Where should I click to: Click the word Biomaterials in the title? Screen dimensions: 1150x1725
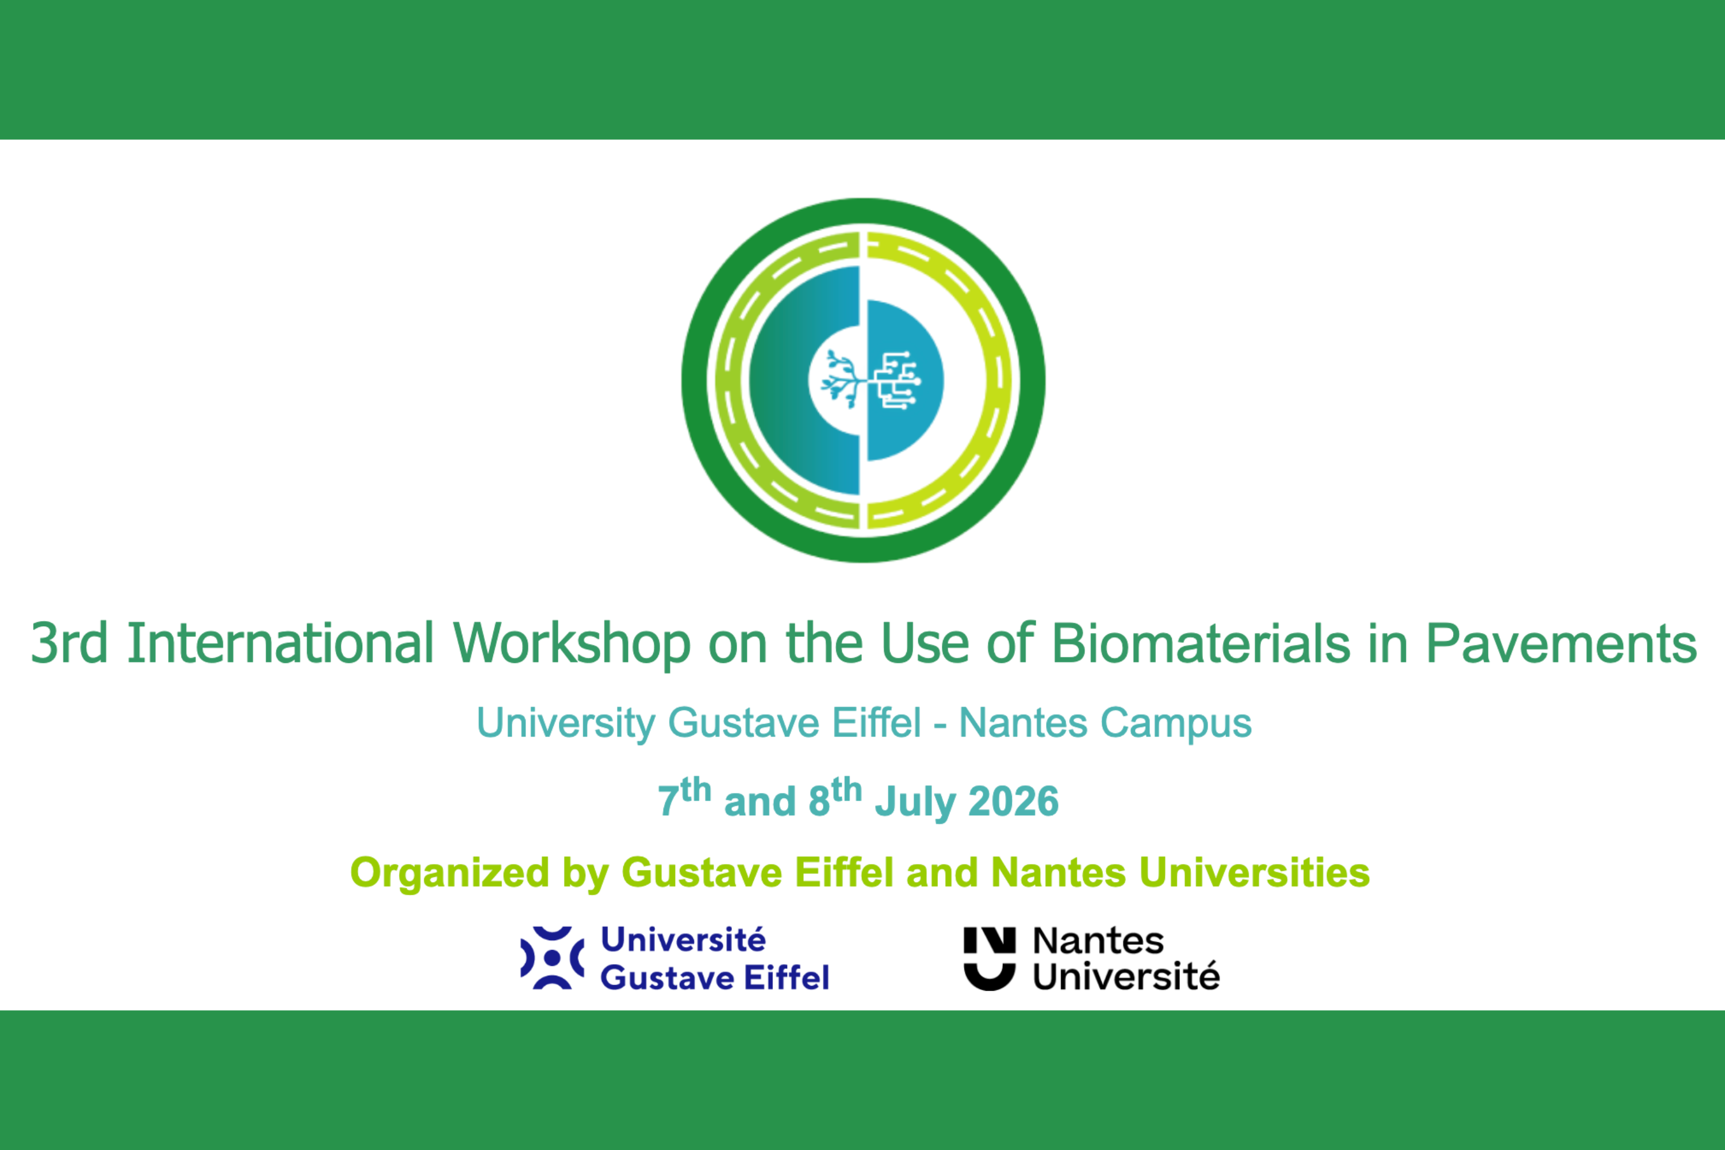point(1201,643)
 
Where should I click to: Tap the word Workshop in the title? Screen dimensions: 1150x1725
point(572,643)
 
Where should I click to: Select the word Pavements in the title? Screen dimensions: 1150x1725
point(1560,643)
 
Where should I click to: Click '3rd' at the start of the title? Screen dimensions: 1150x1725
point(69,643)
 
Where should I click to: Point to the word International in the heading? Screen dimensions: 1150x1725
point(280,643)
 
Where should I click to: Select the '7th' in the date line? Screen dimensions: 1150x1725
point(684,798)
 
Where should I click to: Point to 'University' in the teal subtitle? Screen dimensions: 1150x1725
point(565,724)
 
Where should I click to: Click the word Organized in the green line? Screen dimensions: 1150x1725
point(450,873)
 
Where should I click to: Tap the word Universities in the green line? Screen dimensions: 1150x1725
point(1254,873)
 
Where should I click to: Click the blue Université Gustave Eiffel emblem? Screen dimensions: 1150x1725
point(552,958)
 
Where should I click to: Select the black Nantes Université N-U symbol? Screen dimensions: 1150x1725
point(990,959)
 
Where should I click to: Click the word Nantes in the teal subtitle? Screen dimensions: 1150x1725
point(1022,724)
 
